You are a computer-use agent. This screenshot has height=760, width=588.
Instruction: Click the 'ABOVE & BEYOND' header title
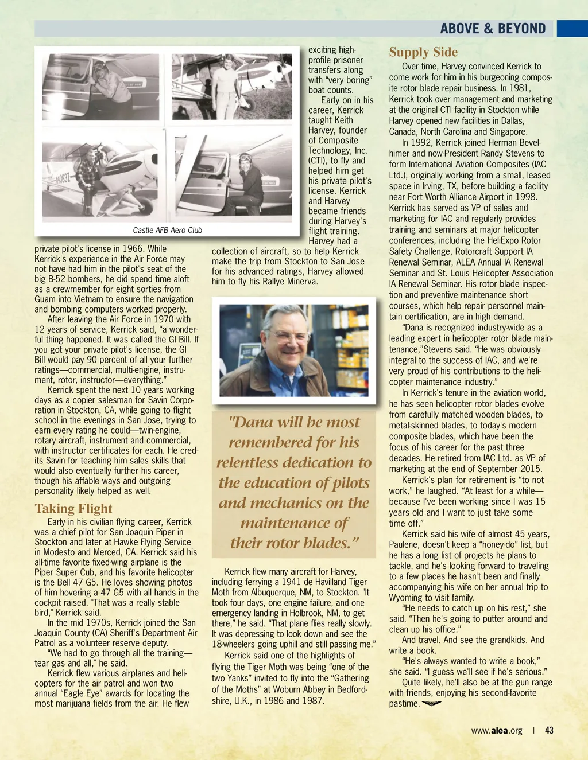[493, 28]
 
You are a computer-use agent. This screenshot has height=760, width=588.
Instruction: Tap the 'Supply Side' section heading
[423, 52]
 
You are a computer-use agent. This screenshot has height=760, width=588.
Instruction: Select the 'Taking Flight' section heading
[73, 509]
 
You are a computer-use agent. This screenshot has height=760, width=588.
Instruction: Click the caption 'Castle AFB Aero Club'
[167, 230]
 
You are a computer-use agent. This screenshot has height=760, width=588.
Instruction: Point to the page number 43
[550, 730]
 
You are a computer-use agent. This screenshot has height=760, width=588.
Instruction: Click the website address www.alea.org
[497, 730]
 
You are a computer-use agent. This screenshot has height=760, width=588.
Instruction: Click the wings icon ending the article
[432, 703]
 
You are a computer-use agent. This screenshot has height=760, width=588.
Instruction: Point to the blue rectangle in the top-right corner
[572, 28]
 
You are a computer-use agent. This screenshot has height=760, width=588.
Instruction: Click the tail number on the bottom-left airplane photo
[63, 177]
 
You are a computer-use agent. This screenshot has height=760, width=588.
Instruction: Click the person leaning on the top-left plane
[109, 86]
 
